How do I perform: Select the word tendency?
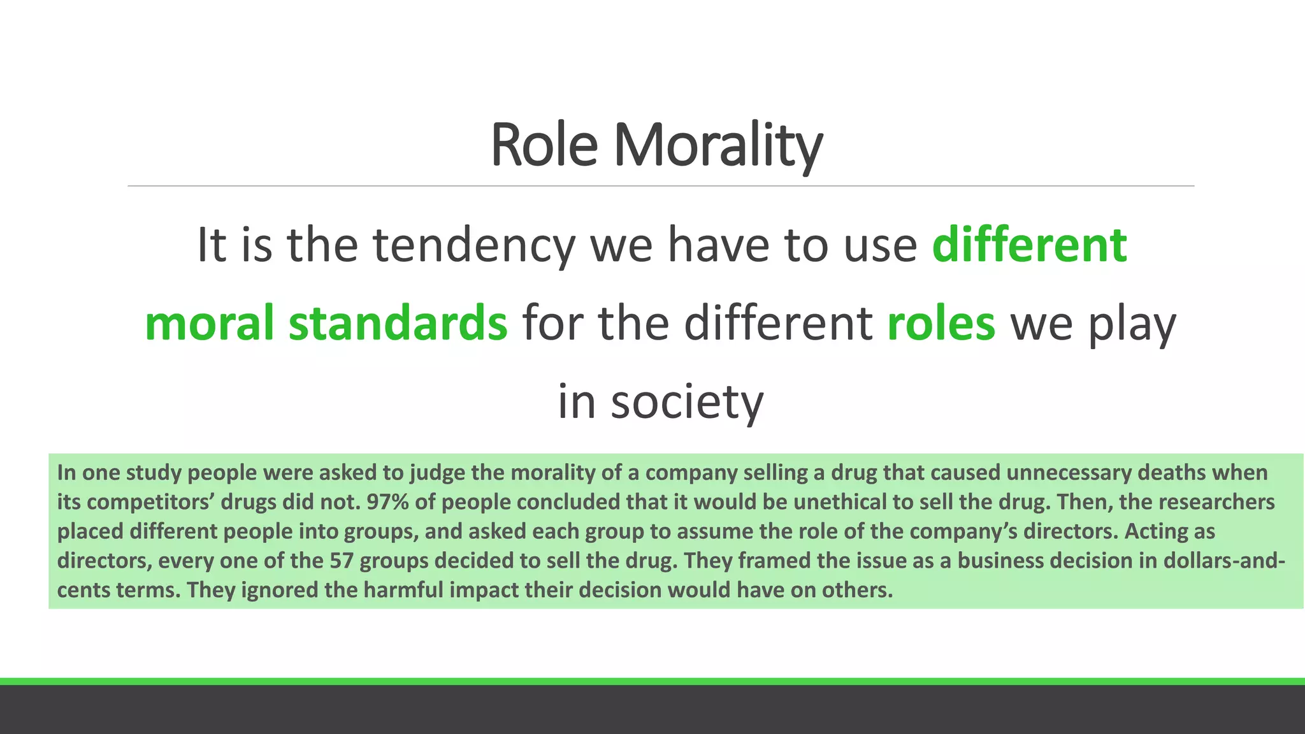pos(473,245)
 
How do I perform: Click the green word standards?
pos(398,323)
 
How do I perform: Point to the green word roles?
pos(941,323)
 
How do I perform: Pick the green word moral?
pos(208,323)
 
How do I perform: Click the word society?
pos(687,402)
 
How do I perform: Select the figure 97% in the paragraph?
pos(387,502)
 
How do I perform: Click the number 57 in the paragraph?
pos(342,561)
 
